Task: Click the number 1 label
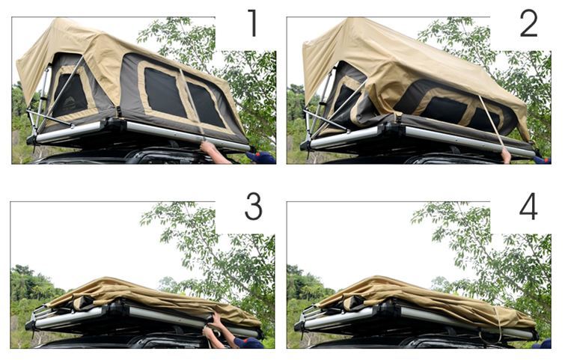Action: [x=253, y=22]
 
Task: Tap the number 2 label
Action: [x=528, y=23]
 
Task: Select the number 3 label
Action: [x=254, y=206]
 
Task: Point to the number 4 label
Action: [x=528, y=206]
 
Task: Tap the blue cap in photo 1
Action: [x=260, y=157]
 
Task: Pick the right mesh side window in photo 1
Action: [x=206, y=105]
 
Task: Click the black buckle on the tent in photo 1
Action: [x=118, y=112]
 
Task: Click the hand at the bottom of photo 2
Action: [x=507, y=156]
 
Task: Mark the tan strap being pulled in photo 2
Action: [x=492, y=121]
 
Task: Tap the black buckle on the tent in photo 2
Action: [x=399, y=118]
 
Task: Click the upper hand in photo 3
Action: [x=216, y=320]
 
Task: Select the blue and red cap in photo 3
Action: [x=248, y=343]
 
